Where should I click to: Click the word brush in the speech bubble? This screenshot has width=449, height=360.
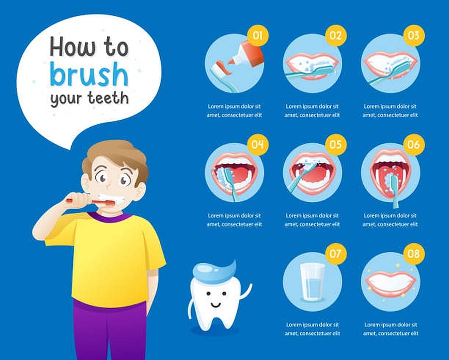(89, 74)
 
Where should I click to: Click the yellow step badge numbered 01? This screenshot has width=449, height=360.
(257, 35)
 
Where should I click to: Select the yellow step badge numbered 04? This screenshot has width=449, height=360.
(257, 145)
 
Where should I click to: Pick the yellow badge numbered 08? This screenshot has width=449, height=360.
(413, 254)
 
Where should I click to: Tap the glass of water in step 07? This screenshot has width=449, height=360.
(312, 282)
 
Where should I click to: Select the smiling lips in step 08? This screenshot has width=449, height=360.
(390, 283)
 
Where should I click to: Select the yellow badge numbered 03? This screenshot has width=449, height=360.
(413, 35)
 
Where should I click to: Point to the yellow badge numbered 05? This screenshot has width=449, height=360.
(335, 145)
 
